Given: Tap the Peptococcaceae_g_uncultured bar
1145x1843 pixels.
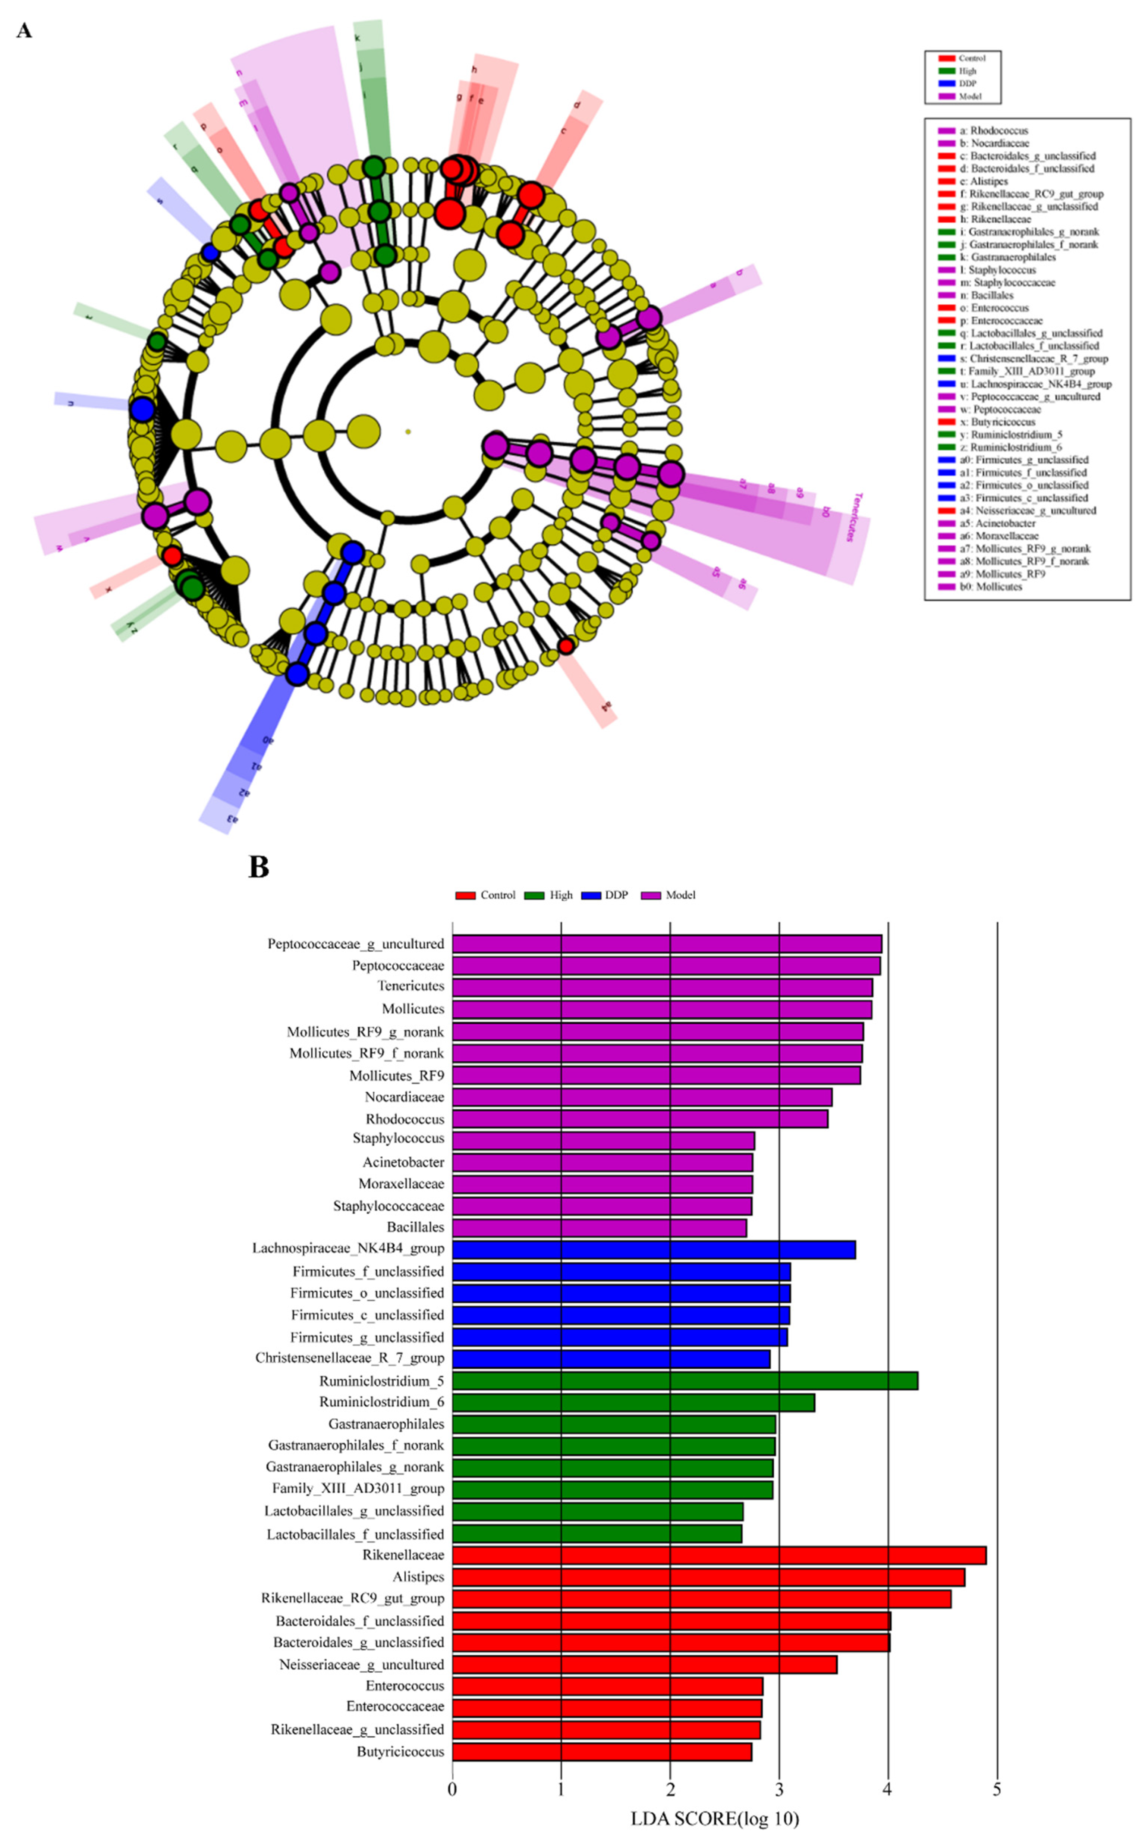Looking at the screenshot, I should coord(666,944).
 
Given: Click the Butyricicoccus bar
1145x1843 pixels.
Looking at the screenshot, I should coord(602,1752).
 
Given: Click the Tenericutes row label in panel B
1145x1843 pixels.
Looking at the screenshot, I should coord(410,986).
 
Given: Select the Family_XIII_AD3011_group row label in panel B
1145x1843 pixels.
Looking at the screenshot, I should coord(358,1488).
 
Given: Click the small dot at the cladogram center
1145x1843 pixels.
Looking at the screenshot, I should coord(408,432).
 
